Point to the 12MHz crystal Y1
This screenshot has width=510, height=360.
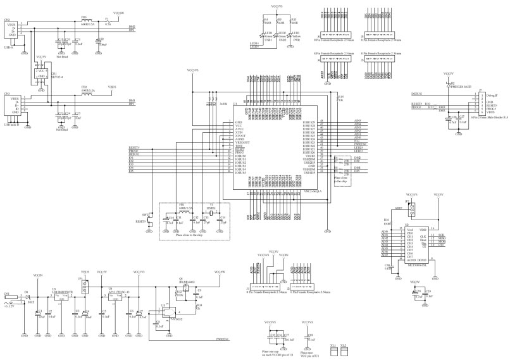(x=209, y=208)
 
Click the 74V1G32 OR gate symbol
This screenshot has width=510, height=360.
(x=165, y=307)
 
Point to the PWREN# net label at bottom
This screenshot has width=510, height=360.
(x=223, y=340)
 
